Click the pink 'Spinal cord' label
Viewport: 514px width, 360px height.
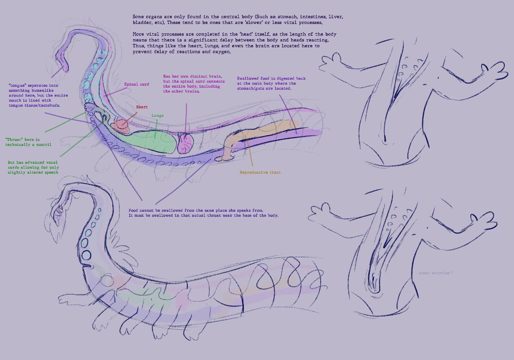pos(137,84)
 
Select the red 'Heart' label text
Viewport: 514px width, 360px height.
pos(142,107)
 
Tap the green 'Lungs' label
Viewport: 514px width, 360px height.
pos(157,116)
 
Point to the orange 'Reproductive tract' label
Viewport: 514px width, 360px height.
pos(260,172)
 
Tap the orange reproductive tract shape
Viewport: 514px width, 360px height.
pos(257,131)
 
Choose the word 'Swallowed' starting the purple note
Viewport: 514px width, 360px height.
pos(248,79)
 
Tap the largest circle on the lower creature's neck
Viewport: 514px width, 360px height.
pos(87,255)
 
